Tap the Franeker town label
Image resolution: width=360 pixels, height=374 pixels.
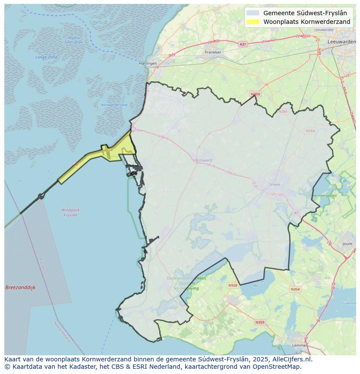pyautogui.click(x=213, y=52)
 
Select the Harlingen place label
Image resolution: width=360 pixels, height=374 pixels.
pyautogui.click(x=148, y=63)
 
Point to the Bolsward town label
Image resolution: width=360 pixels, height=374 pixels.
pyautogui.click(x=204, y=160)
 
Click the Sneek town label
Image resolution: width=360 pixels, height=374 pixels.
pyautogui.click(x=275, y=185)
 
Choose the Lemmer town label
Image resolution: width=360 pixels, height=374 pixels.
pyautogui.click(x=299, y=345)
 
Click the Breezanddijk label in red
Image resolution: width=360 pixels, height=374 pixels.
pyautogui.click(x=20, y=288)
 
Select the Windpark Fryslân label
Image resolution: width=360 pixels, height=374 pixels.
pyautogui.click(x=70, y=212)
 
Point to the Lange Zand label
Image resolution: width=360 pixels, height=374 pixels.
pyautogui.click(x=47, y=57)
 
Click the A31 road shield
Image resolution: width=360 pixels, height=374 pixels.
pyautogui.click(x=243, y=44)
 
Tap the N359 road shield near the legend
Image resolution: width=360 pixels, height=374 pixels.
pyautogui.click(x=255, y=94)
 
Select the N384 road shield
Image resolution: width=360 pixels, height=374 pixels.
pyautogui.click(x=283, y=112)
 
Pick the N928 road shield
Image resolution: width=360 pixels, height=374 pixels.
pyautogui.click(x=233, y=285)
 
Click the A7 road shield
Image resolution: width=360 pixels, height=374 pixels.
pyautogui.click(x=297, y=213)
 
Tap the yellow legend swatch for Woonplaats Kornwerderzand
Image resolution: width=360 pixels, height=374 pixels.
pyautogui.click(x=252, y=22)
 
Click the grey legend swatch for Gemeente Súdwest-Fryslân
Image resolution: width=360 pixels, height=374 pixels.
pyautogui.click(x=252, y=13)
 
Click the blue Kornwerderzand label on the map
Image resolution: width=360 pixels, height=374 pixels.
pyautogui.click(x=114, y=105)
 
